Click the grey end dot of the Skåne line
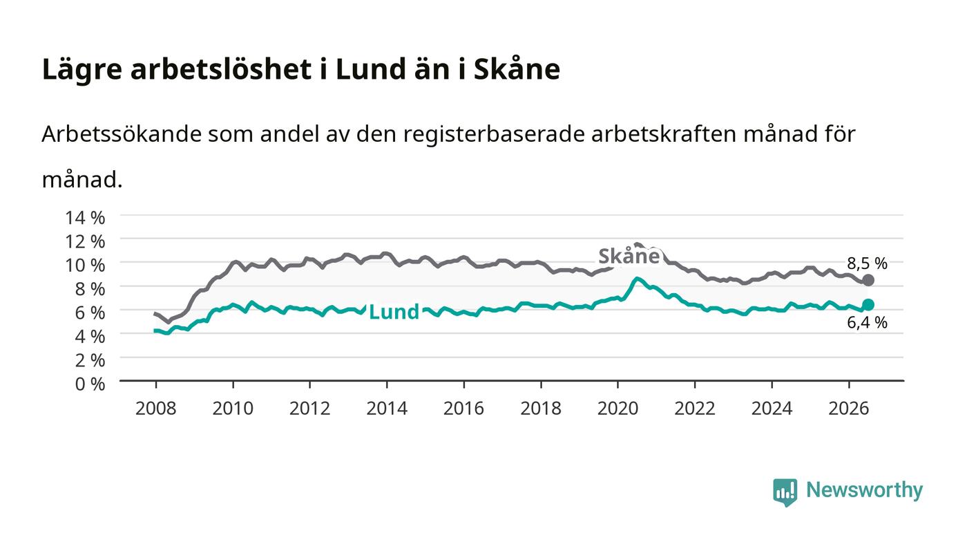tap(868, 280)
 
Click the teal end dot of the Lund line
tap(868, 304)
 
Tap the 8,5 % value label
tap(867, 263)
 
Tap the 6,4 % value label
tap(867, 322)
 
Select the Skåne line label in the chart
tap(629, 257)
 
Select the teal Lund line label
tap(394, 312)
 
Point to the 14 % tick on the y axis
tap(85, 217)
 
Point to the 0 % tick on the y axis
tap(90, 384)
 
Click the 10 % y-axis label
tap(85, 265)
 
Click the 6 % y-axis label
tap(90, 313)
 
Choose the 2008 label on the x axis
tap(156, 409)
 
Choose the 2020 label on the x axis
tap(617, 409)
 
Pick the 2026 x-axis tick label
tap(849, 409)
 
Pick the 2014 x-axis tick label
tap(387, 409)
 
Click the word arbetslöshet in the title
tap(221, 69)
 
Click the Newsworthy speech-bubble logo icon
tap(785, 492)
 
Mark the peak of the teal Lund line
tap(637, 279)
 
